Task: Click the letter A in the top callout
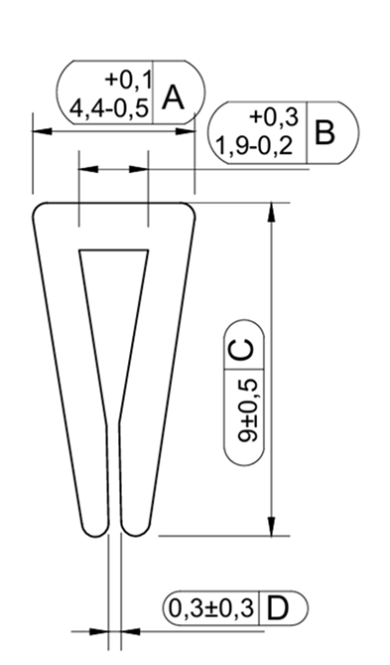174,98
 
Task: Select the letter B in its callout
325,133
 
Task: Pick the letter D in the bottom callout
278,608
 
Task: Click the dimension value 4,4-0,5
109,109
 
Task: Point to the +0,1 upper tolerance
129,81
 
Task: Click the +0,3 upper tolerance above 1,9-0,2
275,116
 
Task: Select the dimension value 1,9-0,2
255,146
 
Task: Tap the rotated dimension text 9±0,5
247,411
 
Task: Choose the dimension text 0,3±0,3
211,608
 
